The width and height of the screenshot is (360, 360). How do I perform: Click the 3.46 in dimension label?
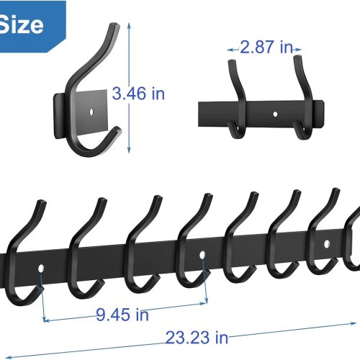tap(138, 94)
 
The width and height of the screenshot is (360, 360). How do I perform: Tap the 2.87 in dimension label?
tap(266, 47)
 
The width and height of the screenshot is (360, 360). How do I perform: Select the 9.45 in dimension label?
tap(122, 315)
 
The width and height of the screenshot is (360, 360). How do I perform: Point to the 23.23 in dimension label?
tap(197, 338)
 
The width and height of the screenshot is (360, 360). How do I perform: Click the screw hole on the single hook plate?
tap(91, 112)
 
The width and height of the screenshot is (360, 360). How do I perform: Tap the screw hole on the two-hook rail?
tap(275, 114)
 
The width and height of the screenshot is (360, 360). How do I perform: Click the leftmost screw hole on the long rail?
tap(41, 269)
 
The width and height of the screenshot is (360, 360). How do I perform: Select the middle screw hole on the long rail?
tap(202, 255)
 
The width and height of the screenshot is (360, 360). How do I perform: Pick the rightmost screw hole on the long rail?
tap(327, 244)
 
